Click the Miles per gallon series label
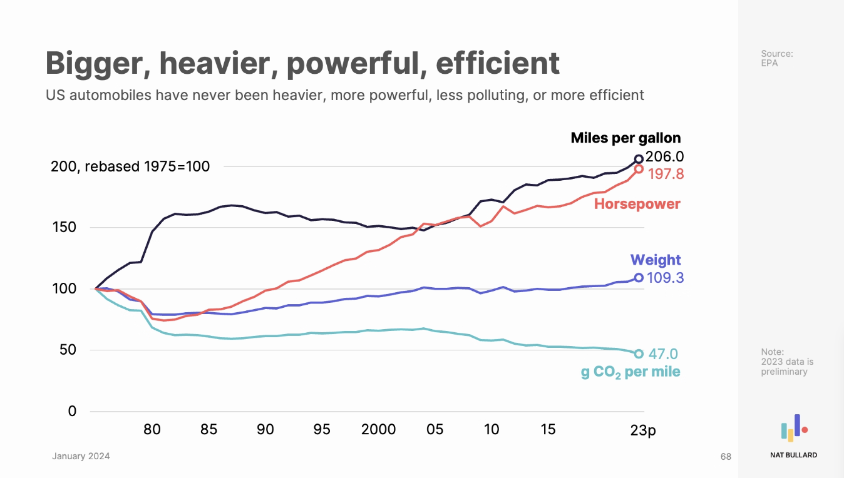625,138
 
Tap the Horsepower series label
637,204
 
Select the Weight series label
655,260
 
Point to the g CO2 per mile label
630,372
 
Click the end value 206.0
664,156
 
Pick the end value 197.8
666,174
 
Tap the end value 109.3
665,277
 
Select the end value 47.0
662,354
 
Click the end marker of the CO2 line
639,354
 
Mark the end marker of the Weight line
639,278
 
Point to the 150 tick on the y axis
63,227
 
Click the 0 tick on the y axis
72,411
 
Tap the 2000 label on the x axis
378,429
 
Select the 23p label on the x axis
642,430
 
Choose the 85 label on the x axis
208,429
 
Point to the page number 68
726,457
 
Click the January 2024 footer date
81,456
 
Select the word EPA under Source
769,63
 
